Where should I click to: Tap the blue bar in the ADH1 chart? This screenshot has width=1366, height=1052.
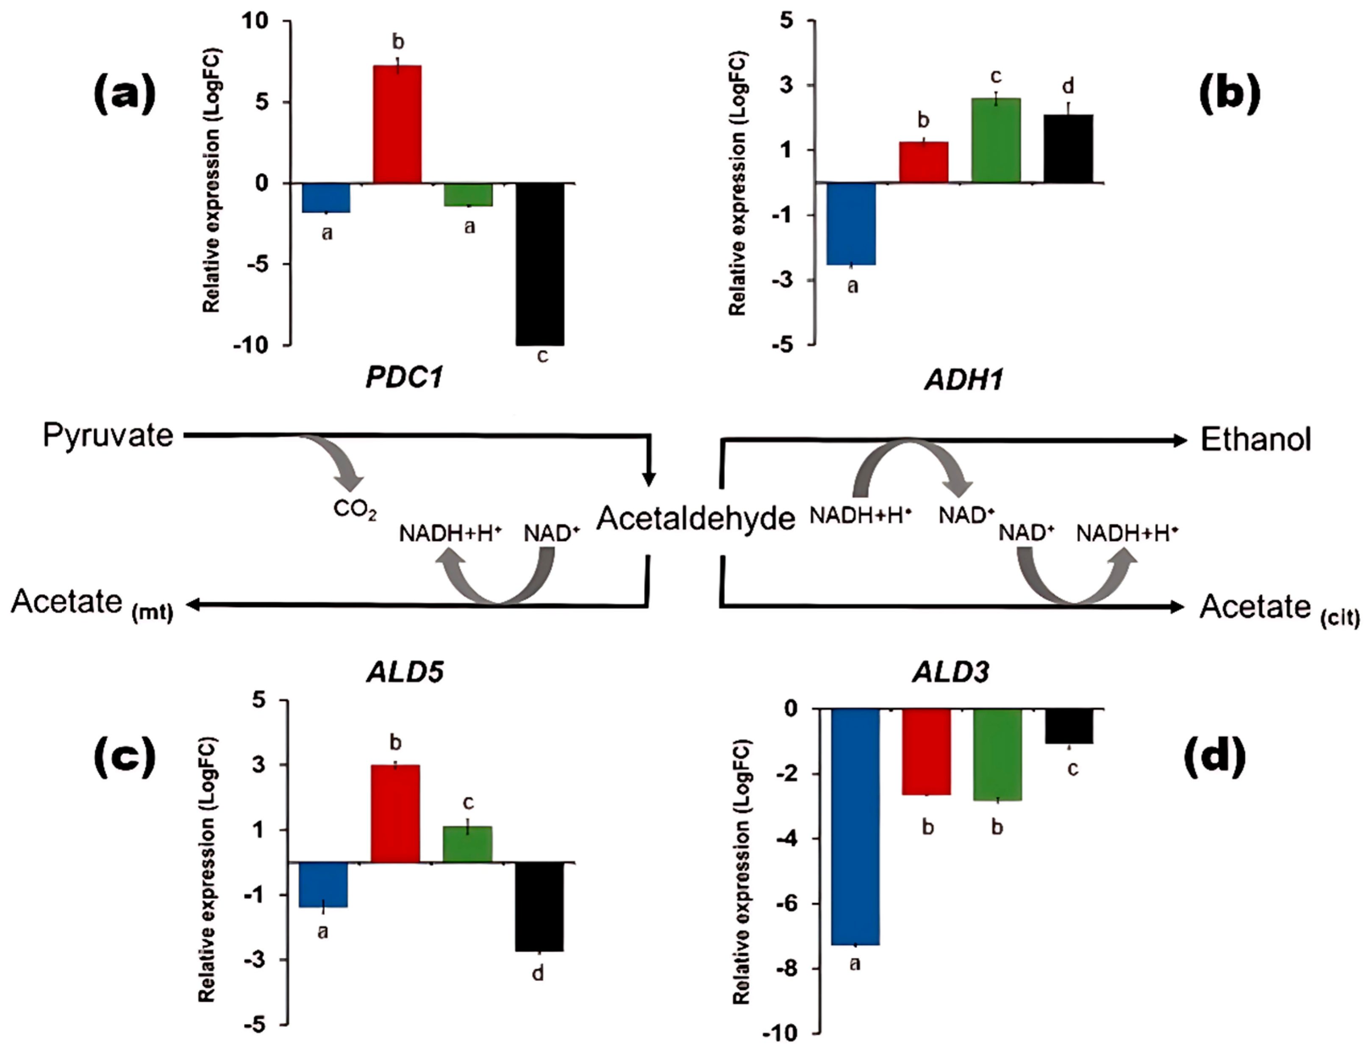[x=851, y=223]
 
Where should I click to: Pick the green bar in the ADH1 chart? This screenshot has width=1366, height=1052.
[x=996, y=140]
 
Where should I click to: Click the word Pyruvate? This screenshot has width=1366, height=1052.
[x=108, y=436]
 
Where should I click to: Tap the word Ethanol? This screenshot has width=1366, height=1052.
[x=1255, y=440]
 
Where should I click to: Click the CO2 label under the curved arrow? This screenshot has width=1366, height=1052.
[x=355, y=510]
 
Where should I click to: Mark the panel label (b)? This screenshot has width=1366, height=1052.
[x=1229, y=94]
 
